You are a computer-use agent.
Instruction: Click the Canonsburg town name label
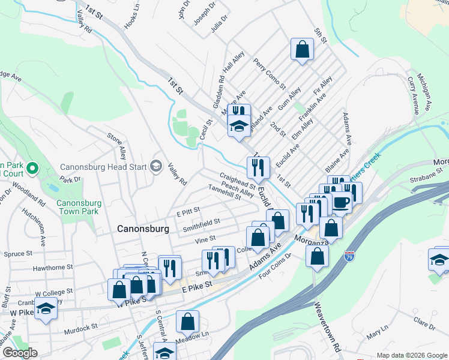pyautogui.click(x=142, y=229)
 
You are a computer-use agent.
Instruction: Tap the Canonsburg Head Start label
pyautogui.click(x=103, y=167)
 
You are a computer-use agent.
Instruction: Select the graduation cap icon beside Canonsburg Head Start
pyautogui.click(x=157, y=166)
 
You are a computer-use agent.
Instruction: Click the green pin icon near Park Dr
pyautogui.click(x=32, y=170)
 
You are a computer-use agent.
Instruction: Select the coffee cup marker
pyautogui.click(x=341, y=202)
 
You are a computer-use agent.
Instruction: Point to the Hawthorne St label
pyautogui.click(x=53, y=267)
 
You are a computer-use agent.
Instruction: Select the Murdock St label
pyautogui.click(x=81, y=328)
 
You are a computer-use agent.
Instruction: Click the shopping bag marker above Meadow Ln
pyautogui.click(x=188, y=322)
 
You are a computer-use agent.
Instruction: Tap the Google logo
pyautogui.click(x=20, y=353)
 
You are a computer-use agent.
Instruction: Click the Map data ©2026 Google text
pyautogui.click(x=411, y=355)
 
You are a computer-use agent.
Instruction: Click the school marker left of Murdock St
pyautogui.click(x=44, y=310)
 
